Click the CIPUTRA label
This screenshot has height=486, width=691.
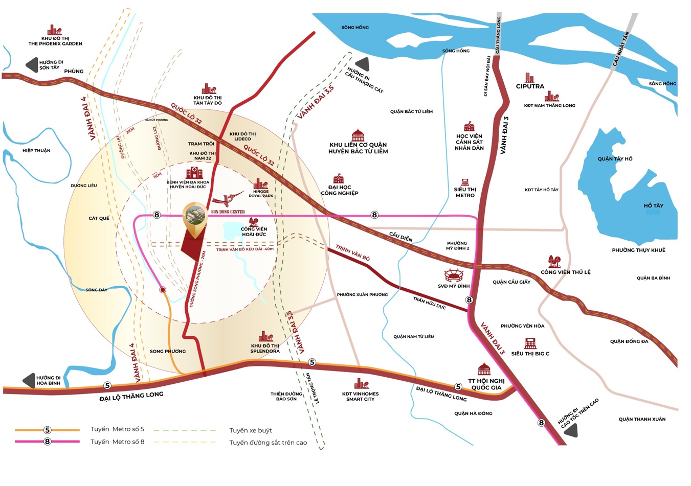(530, 86)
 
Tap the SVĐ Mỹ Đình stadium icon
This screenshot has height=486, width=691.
(453, 275)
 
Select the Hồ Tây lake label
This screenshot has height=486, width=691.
(653, 205)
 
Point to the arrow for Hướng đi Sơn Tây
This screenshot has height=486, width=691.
(32, 65)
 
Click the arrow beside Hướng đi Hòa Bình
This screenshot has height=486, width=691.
(29, 381)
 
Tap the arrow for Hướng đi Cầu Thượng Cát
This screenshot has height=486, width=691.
(363, 64)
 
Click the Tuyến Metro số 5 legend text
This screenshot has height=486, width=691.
(117, 429)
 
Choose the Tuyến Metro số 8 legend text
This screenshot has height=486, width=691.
(117, 442)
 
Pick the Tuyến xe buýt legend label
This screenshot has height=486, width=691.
(251, 430)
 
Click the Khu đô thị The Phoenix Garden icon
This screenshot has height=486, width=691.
(55, 30)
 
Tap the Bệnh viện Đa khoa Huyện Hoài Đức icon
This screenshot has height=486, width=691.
(194, 172)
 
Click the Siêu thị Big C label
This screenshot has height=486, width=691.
(530, 353)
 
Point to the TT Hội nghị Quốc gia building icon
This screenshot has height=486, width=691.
(484, 369)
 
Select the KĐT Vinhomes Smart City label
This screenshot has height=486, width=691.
(360, 396)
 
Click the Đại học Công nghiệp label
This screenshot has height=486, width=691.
(340, 190)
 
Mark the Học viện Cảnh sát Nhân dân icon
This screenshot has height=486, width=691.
(469, 127)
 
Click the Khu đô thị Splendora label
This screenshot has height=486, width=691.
(265, 348)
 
